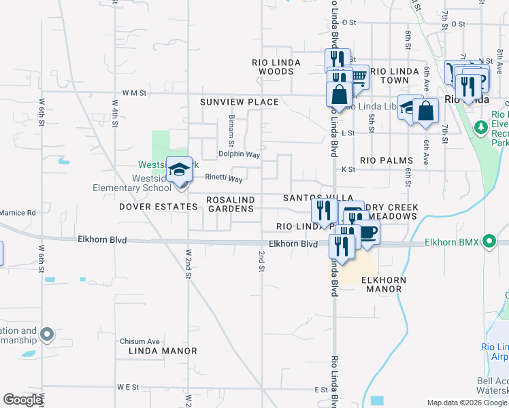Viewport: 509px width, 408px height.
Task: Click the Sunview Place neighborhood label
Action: [239, 102]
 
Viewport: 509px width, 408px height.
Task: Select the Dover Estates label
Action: [158, 206]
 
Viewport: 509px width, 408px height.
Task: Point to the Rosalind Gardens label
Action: [230, 203]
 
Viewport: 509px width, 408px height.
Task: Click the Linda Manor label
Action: [163, 351]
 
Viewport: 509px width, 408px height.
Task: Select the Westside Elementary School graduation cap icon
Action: [180, 170]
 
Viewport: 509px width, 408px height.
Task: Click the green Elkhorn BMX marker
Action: [488, 241]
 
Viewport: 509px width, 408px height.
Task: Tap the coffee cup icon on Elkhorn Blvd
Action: [367, 232]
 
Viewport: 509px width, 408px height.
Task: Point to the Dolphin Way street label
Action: [239, 155]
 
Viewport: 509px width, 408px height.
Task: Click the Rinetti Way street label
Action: [225, 179]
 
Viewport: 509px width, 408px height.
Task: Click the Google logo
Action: [22, 400]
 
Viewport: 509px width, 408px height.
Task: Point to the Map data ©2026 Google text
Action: [467, 403]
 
